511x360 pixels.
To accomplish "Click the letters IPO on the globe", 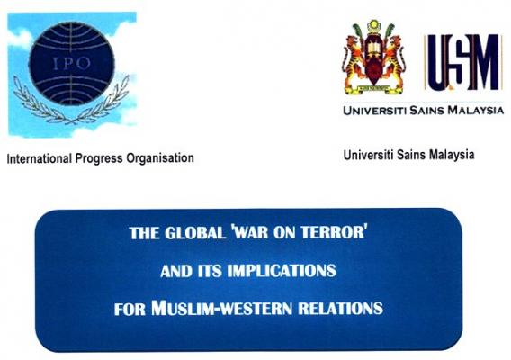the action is click(71, 63).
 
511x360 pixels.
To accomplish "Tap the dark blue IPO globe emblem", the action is click(72, 63).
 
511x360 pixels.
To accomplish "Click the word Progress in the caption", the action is click(99, 158).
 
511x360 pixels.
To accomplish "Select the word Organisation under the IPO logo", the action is click(160, 158).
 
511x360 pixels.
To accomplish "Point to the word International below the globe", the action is click(40, 158).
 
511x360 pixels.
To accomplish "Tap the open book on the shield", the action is click(373, 49).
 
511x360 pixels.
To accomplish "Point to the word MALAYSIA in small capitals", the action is click(476, 110).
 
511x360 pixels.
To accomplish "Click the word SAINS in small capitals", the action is click(426, 111).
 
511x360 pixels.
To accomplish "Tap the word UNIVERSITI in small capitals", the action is click(375, 111).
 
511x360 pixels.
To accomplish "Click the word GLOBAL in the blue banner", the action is click(195, 233).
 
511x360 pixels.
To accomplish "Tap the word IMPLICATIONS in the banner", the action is click(282, 271).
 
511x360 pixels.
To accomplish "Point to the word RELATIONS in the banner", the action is click(341, 309).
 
